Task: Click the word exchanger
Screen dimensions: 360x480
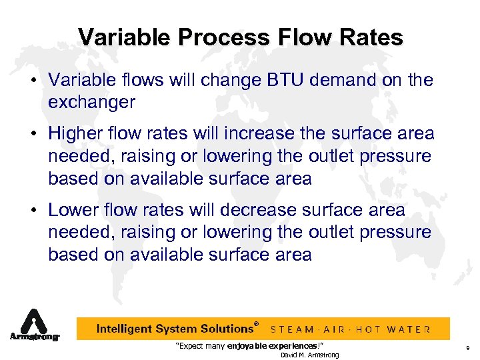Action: tap(92, 103)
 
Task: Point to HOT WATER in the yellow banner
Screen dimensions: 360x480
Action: tap(397, 329)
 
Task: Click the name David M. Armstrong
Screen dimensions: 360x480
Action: tap(309, 355)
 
